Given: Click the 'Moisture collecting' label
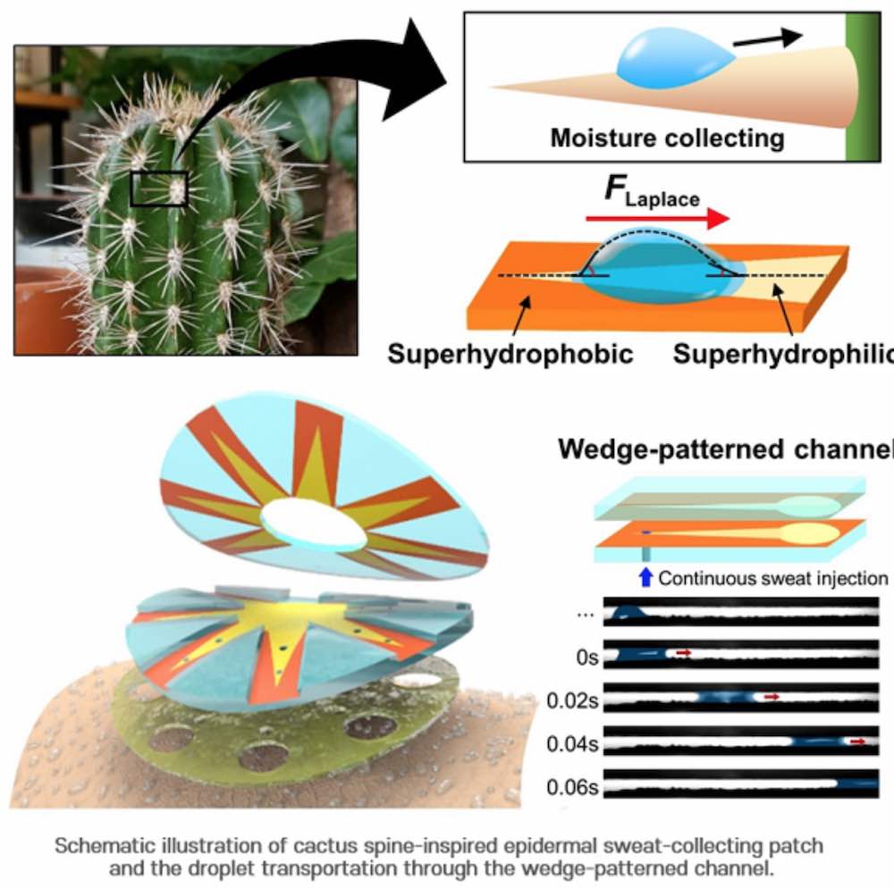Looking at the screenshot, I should click(x=667, y=138).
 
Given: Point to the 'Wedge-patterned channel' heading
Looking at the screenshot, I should click(x=725, y=449).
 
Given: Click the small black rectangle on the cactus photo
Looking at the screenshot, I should click(x=159, y=188).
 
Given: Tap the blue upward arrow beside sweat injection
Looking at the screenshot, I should click(x=646, y=578).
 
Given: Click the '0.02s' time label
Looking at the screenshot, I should click(x=574, y=700).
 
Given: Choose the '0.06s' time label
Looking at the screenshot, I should click(x=574, y=786).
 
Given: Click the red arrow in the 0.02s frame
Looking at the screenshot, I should click(x=772, y=697).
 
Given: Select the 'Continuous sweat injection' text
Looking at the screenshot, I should click(x=773, y=578).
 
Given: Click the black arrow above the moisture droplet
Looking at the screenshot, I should click(x=774, y=38).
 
